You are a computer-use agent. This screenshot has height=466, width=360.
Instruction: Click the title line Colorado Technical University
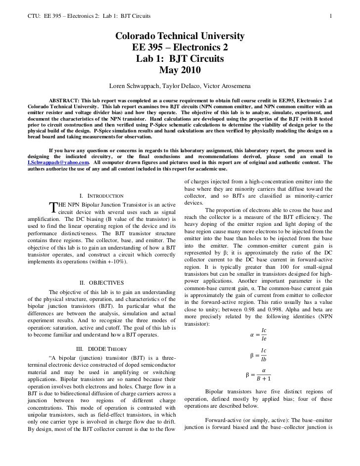point(180,37)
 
